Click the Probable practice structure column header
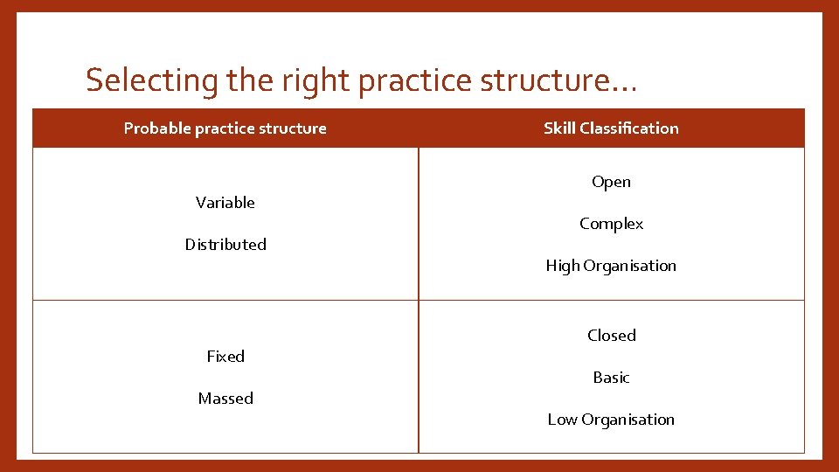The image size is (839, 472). coord(225,128)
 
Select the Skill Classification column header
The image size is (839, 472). coord(611,128)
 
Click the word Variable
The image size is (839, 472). coord(225,203)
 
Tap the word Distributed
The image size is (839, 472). coord(225,245)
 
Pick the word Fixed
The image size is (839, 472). coord(225,357)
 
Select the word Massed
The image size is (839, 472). coord(225,399)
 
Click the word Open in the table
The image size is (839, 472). coord(611,182)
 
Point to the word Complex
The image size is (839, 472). coord(611,224)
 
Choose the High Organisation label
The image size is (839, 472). coord(611,266)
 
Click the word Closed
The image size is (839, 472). coord(611,336)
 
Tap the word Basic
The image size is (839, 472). coord(611,378)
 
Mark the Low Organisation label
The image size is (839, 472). coord(611,420)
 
